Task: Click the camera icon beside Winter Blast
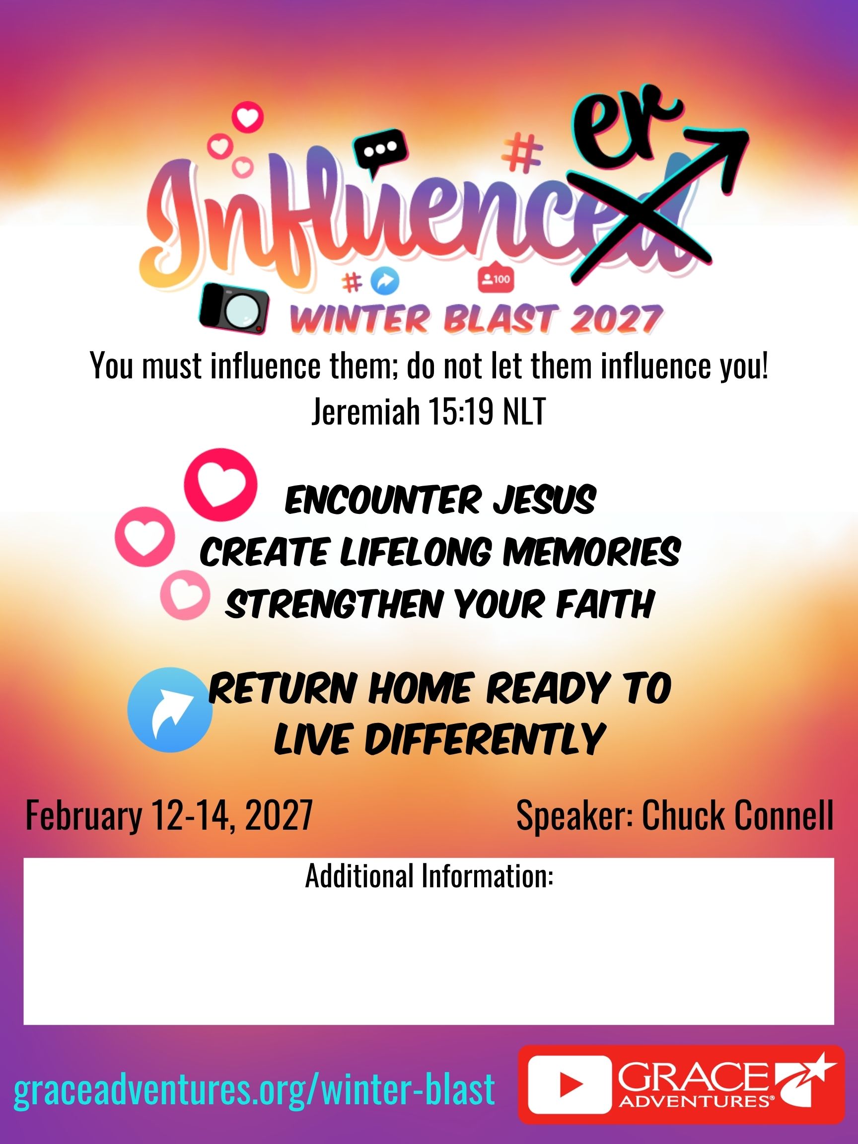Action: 234,309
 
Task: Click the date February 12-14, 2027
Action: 169,815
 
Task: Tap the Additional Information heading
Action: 429,875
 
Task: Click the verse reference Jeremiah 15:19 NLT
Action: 429,412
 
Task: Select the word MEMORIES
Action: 592,552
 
